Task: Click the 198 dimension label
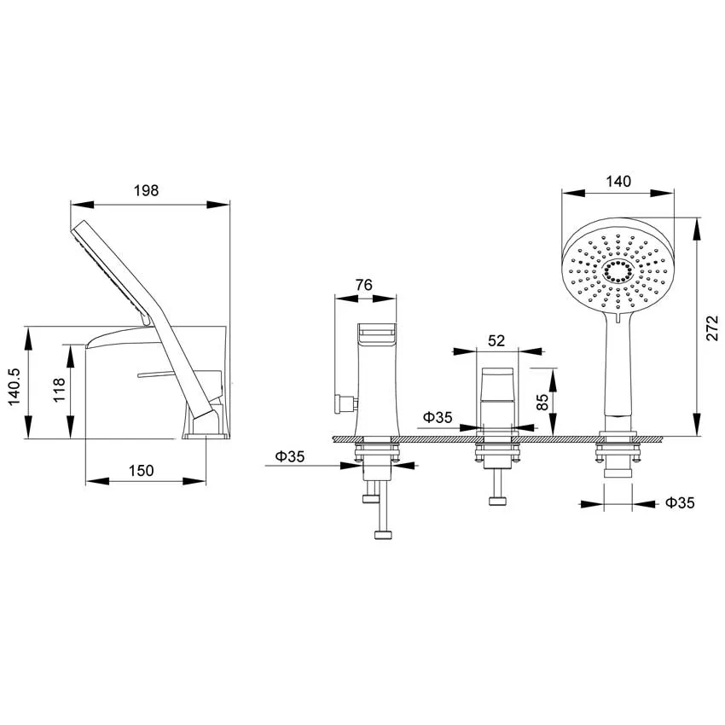click(146, 190)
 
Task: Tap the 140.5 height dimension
click(14, 387)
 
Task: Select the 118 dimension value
click(59, 390)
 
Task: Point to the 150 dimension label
click(141, 471)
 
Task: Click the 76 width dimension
click(364, 285)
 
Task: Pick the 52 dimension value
click(496, 341)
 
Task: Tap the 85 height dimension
click(542, 402)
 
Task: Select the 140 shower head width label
click(618, 181)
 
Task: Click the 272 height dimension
click(712, 328)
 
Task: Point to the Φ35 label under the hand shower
click(680, 502)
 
